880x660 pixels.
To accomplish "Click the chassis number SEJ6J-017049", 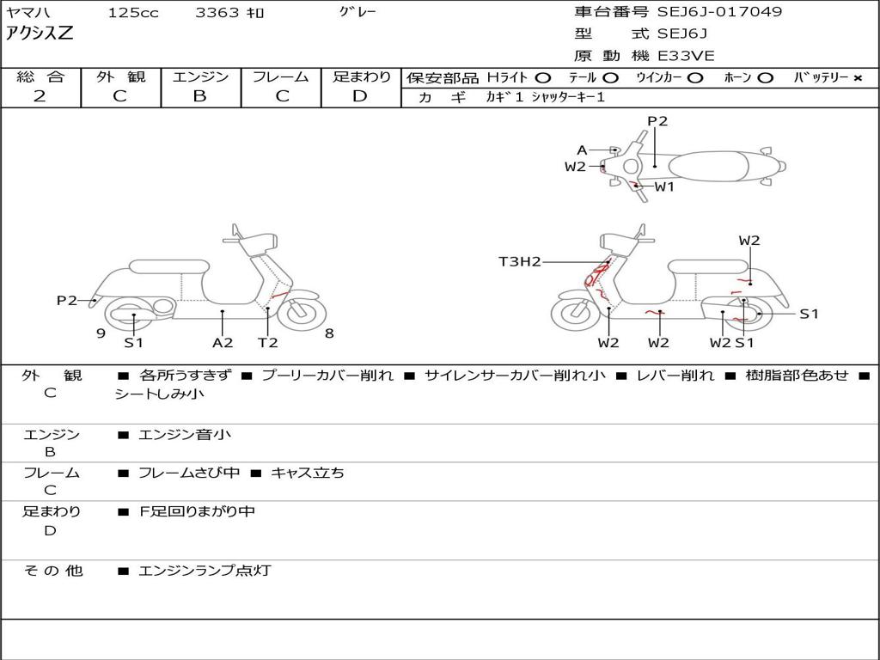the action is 719,11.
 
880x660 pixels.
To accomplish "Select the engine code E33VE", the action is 686,56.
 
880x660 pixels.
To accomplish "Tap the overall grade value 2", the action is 40,96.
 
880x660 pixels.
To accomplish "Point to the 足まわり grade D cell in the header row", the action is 361,96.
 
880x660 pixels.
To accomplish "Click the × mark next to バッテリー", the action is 858,78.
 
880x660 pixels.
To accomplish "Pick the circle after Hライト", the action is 543,78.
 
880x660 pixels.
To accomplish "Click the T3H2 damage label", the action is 520,261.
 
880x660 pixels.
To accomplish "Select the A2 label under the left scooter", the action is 223,342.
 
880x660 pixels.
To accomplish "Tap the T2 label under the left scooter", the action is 268,342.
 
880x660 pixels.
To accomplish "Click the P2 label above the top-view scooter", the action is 657,121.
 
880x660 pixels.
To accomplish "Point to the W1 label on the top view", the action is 664,186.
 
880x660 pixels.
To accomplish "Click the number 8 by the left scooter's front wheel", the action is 329,333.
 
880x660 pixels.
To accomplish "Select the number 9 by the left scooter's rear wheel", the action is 101,333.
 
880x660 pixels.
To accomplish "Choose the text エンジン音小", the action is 184,434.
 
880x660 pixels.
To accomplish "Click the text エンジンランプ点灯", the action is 205,571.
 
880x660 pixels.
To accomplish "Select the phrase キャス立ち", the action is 308,474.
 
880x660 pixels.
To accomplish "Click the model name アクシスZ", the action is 40,34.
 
